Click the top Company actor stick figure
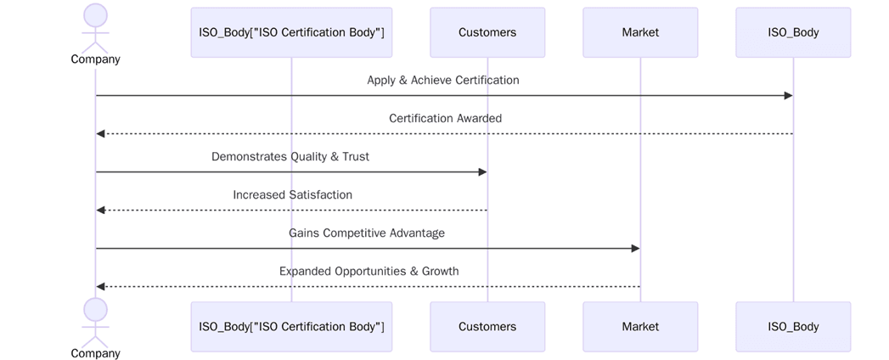pyautogui.click(x=96, y=26)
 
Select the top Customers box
pyautogui.click(x=487, y=32)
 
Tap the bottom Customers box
pyautogui.click(x=487, y=326)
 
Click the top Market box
pyautogui.click(x=640, y=32)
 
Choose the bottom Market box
pyautogui.click(x=640, y=326)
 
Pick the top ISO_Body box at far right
pyautogui.click(x=793, y=32)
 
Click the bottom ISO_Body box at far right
pyautogui.click(x=793, y=326)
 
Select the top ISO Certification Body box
pyautogui.click(x=291, y=32)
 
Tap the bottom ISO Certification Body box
pyautogui.click(x=291, y=326)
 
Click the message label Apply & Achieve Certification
pyautogui.click(x=443, y=81)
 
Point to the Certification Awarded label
pyautogui.click(x=445, y=119)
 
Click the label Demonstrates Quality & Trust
pyautogui.click(x=290, y=157)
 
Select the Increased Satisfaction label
pyautogui.click(x=292, y=195)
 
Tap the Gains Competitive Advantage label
pyautogui.click(x=367, y=233)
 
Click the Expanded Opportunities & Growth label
pyautogui.click(x=369, y=272)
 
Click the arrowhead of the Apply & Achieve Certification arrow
pyautogui.click(x=788, y=96)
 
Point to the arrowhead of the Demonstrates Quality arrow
pyautogui.click(x=482, y=172)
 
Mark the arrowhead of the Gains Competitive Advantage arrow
pyautogui.click(x=635, y=249)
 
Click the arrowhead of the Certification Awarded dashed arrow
pyautogui.click(x=101, y=134)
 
